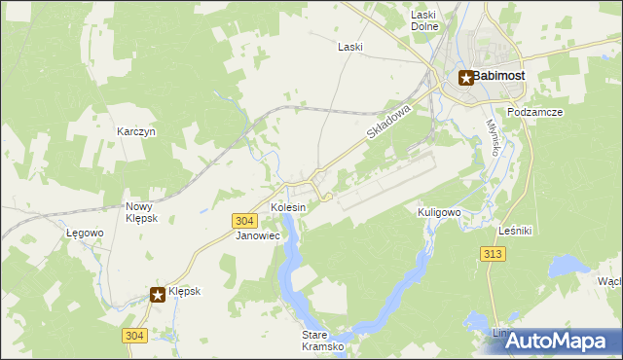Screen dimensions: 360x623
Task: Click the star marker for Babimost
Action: click(466, 78)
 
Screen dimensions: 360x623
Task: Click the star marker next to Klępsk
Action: click(157, 293)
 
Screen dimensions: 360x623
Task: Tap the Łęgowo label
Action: click(85, 234)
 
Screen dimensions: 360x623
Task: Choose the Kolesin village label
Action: click(288, 208)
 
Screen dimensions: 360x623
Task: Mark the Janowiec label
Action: click(258, 235)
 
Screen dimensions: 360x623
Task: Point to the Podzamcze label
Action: click(535, 112)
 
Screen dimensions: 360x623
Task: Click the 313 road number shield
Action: click(493, 253)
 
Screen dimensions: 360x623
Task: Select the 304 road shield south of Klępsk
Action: click(134, 335)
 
